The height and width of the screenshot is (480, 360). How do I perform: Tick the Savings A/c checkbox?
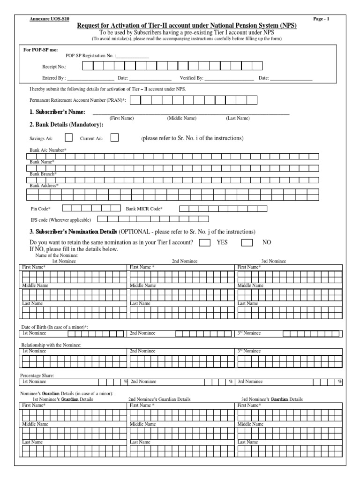68,138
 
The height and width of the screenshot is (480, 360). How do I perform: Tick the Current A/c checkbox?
114,138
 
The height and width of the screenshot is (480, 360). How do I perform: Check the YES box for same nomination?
204,242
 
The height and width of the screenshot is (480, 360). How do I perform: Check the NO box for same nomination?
247,242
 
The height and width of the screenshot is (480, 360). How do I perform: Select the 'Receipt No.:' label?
54,67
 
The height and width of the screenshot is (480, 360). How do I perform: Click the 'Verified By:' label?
191,78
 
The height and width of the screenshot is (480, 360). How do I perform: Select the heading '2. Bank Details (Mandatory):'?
66,124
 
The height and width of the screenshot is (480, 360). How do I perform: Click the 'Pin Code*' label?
40,208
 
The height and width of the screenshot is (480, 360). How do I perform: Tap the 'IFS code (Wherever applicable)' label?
61,219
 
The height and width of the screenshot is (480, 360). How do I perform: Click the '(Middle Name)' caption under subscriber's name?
181,119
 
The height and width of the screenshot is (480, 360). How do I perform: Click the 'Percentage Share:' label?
37,375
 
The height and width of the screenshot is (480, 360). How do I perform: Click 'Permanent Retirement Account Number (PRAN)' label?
78,100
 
